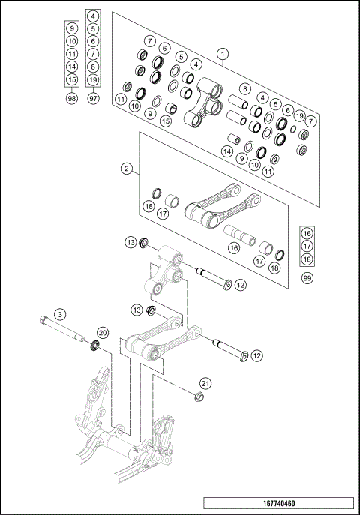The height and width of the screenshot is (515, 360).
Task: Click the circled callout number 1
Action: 222,53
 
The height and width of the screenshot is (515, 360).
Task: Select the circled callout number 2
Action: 127,169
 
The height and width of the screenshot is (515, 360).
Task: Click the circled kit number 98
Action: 72,99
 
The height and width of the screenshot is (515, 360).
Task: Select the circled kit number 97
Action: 93,99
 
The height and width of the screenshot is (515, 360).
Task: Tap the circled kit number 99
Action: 307,277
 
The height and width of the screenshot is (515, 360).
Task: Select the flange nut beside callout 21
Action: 200,397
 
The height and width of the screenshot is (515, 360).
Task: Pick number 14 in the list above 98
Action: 72,67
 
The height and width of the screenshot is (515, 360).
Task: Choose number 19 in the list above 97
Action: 93,79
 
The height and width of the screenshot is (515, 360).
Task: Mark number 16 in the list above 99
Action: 307,233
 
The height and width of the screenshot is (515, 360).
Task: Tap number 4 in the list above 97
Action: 93,16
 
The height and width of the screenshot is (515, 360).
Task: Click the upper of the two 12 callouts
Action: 240,285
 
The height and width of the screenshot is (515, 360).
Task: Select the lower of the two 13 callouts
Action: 136,310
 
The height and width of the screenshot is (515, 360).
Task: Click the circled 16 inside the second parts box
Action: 233,247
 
